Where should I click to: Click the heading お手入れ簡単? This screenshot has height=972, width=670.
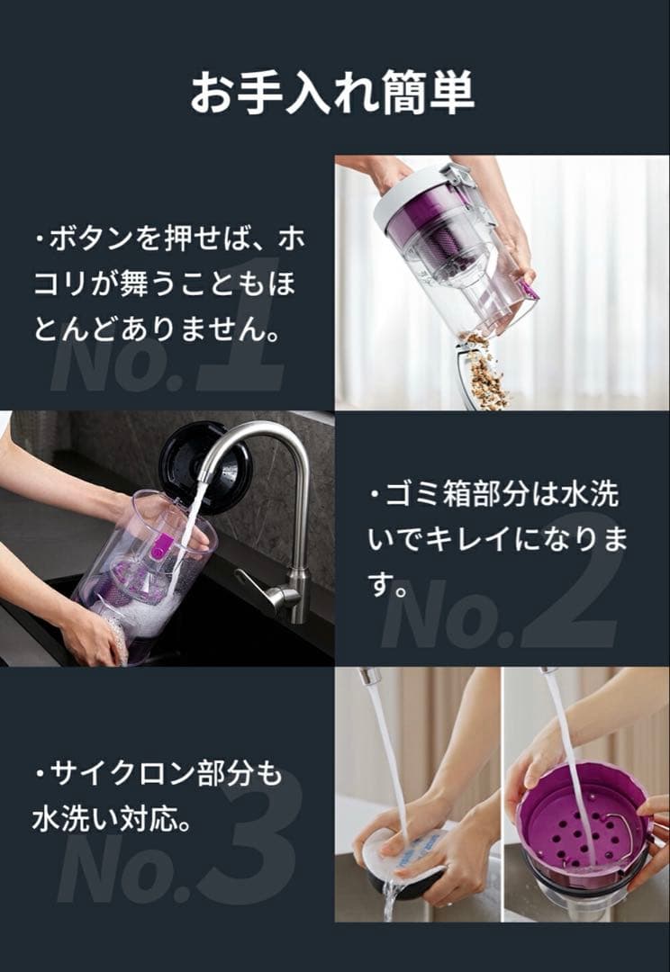point(332,93)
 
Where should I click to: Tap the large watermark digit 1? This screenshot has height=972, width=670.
point(239,324)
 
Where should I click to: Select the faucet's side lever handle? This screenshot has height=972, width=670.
point(256,594)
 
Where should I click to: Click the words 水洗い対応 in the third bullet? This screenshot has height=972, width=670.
point(112,820)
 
